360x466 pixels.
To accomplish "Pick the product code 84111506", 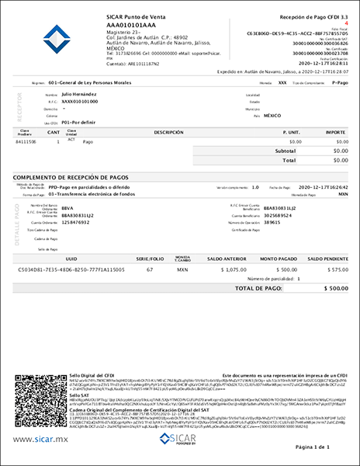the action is click(x=26, y=142).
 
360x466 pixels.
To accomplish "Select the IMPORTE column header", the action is click(x=335, y=133).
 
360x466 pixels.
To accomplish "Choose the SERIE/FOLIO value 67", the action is click(x=149, y=269).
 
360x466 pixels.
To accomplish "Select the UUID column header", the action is click(x=71, y=257).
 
